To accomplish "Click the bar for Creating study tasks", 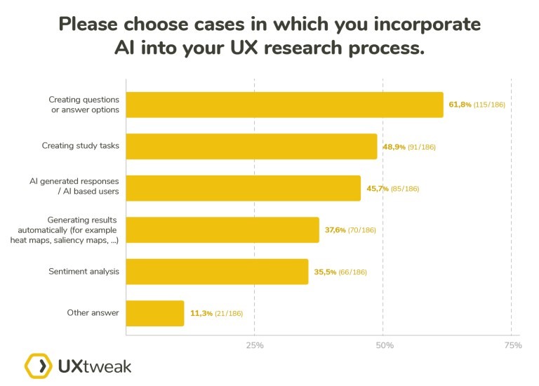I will tap(251, 147).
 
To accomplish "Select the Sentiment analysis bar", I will tap(217, 272).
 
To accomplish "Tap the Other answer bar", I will tap(155, 313).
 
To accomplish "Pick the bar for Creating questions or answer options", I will tap(284, 105).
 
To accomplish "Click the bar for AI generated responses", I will tap(243, 188).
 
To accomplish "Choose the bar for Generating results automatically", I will tap(222, 229).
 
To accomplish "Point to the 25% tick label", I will tap(255, 345).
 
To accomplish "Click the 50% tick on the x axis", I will tap(384, 345).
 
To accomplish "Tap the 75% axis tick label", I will tap(512, 345).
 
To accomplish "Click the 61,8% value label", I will tap(459, 105).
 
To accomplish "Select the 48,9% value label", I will tap(393, 147).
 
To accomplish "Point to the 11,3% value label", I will tap(199, 313).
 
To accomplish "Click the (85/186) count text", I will tap(402, 188).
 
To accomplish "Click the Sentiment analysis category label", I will tap(84, 272).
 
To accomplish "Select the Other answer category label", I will tap(93, 313).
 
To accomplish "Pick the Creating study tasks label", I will tap(79, 147).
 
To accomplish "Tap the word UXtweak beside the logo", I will tap(94, 366).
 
